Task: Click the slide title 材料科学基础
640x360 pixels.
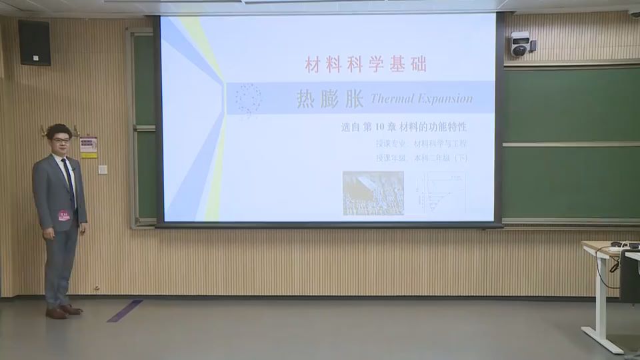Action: (365, 65)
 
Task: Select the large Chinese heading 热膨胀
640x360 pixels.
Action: (330, 99)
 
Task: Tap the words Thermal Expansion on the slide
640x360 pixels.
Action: (421, 99)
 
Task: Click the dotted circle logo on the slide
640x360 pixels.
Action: (248, 99)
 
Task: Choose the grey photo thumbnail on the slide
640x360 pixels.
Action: (373, 193)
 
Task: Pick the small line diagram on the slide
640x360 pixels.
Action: (441, 192)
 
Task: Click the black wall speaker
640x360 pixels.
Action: (34, 42)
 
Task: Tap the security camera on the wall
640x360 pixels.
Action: (520, 44)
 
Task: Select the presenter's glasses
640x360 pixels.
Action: (61, 141)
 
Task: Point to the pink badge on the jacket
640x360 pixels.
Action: (64, 215)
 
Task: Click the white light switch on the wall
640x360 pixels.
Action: (103, 169)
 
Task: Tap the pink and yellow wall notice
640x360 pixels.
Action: (89, 147)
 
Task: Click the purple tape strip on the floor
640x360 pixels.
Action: (125, 310)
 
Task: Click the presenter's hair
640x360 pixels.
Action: (59, 129)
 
